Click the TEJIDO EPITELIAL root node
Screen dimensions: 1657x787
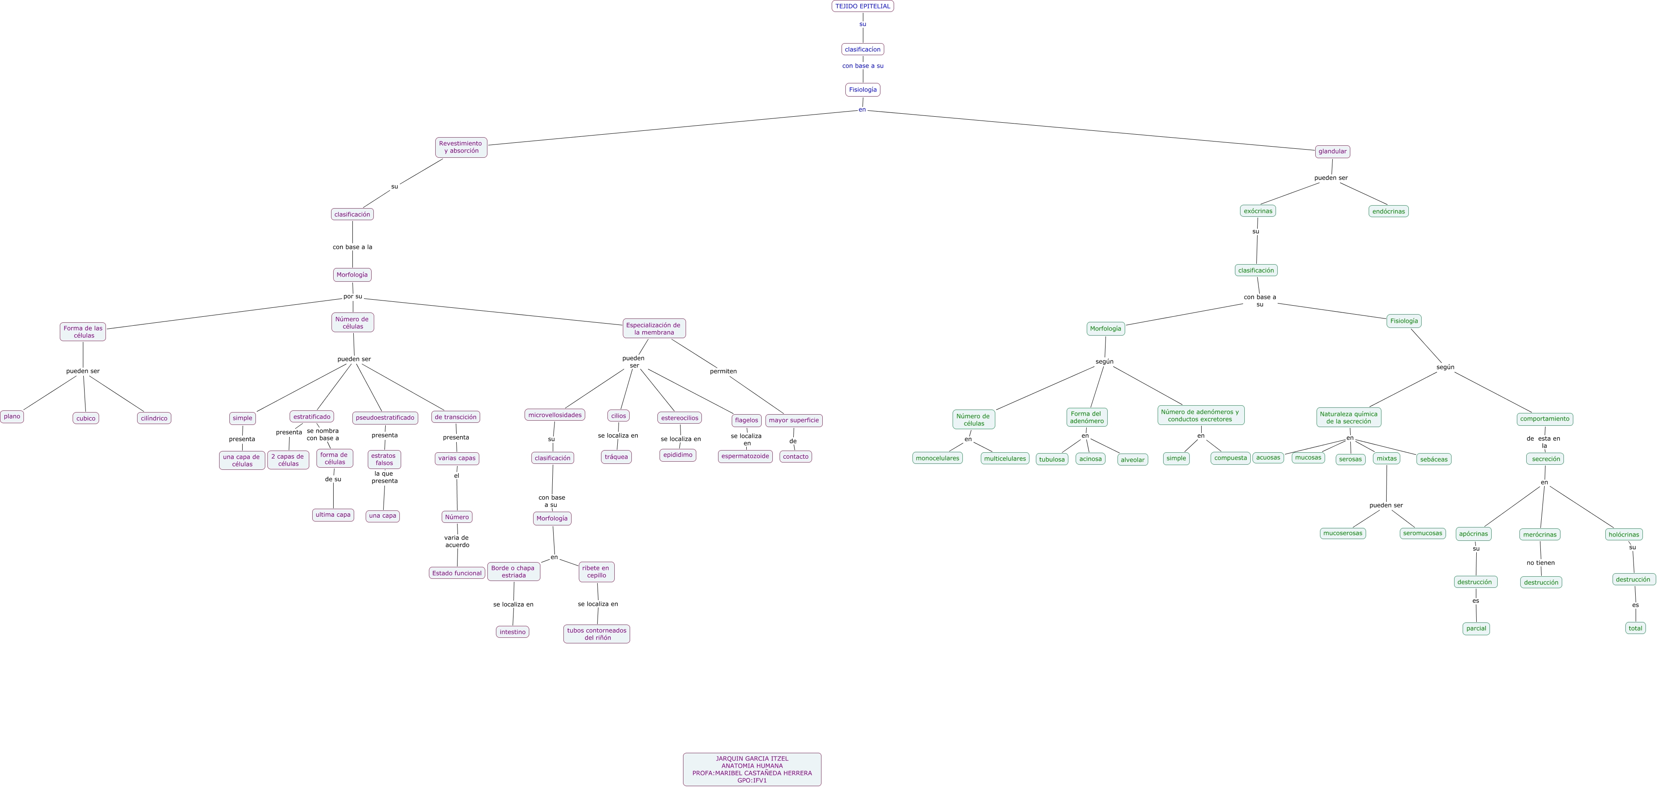click(862, 6)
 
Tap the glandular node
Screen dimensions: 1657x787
click(1332, 152)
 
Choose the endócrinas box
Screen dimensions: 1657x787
click(1388, 211)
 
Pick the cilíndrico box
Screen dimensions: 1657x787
click(154, 418)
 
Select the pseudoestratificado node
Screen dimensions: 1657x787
click(384, 418)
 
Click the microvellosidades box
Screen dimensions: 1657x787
click(554, 415)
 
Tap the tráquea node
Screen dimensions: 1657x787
click(616, 457)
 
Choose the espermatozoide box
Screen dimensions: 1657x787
click(745, 456)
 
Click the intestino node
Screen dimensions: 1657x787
click(513, 632)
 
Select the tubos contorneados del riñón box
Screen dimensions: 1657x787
click(597, 634)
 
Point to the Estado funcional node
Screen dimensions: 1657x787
click(457, 573)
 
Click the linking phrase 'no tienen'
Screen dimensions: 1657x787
click(1540, 563)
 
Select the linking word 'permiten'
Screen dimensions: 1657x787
click(723, 371)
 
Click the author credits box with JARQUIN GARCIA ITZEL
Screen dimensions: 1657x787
click(752, 769)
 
